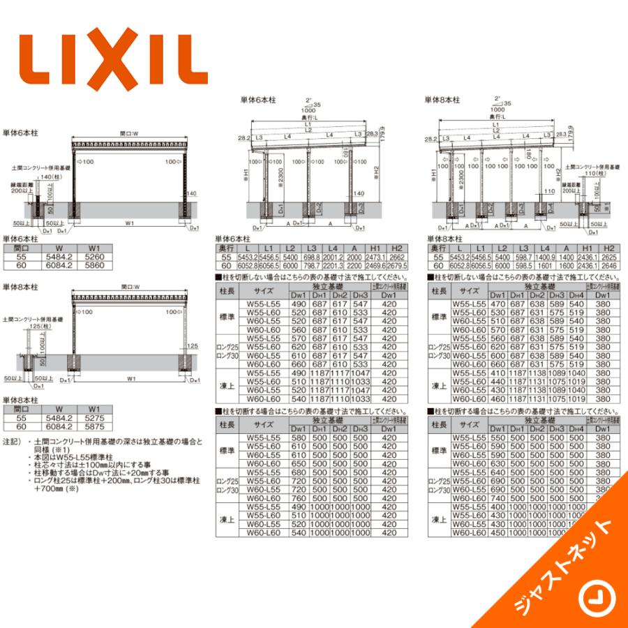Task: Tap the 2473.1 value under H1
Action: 374,257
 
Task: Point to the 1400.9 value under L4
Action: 544,257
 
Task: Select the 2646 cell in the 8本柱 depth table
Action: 608,266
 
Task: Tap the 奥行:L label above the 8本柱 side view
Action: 494,116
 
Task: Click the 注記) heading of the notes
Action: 12,442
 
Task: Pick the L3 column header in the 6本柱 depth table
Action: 311,248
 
